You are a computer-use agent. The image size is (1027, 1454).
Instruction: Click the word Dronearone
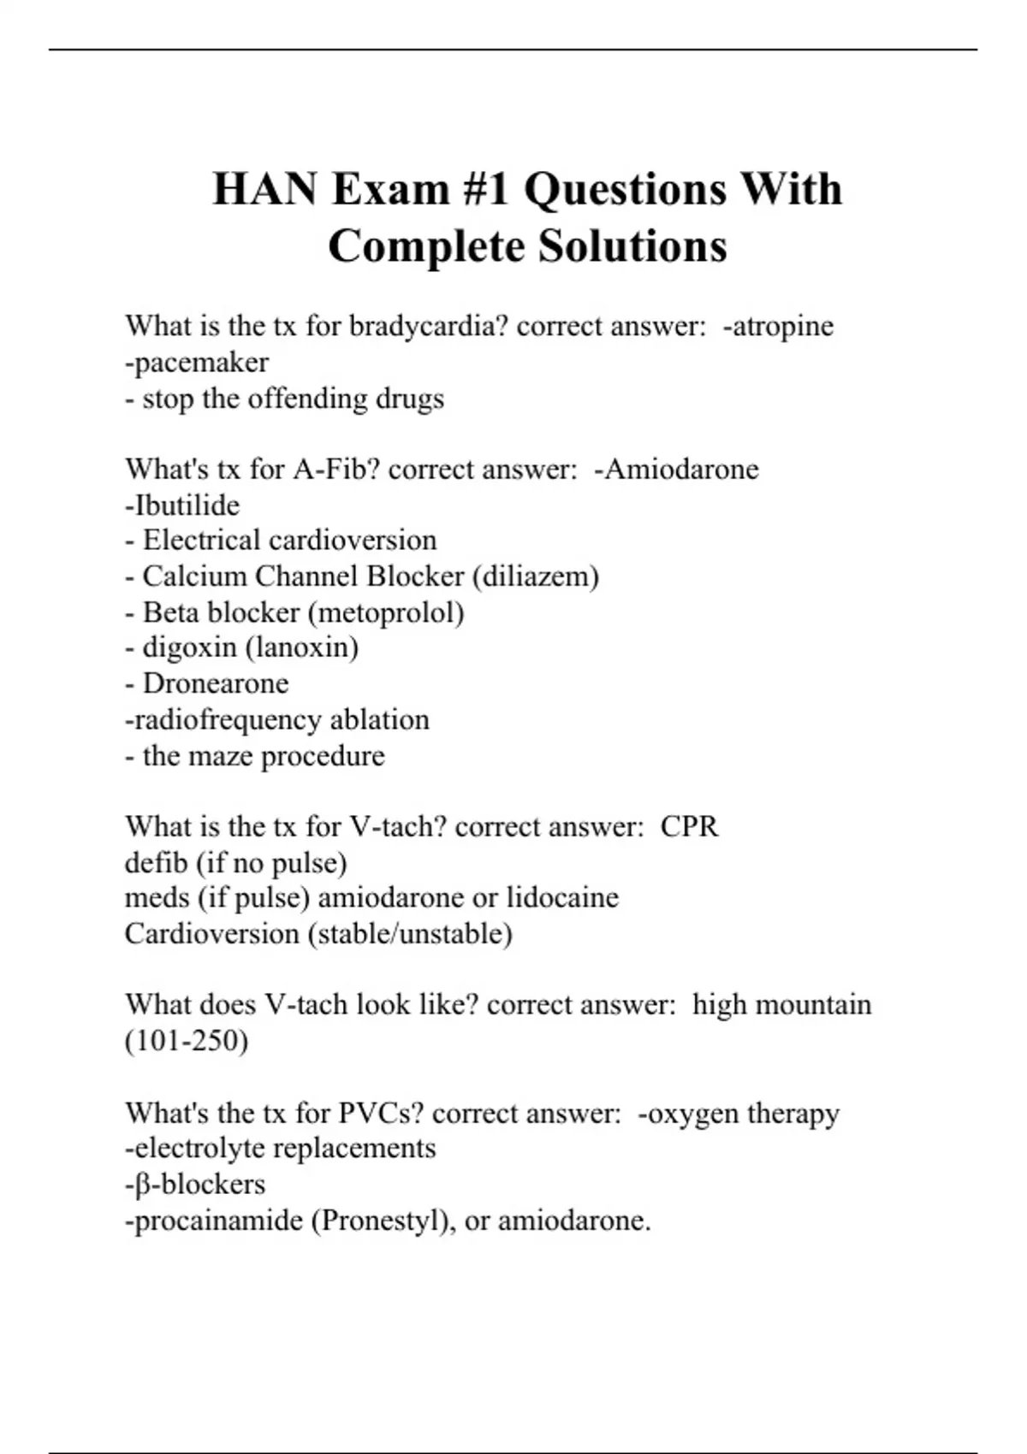pos(216,683)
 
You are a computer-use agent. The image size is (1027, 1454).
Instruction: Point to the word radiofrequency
pos(228,720)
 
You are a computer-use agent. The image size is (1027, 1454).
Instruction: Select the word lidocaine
pos(562,898)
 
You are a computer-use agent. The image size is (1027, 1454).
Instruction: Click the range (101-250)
pos(187,1041)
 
